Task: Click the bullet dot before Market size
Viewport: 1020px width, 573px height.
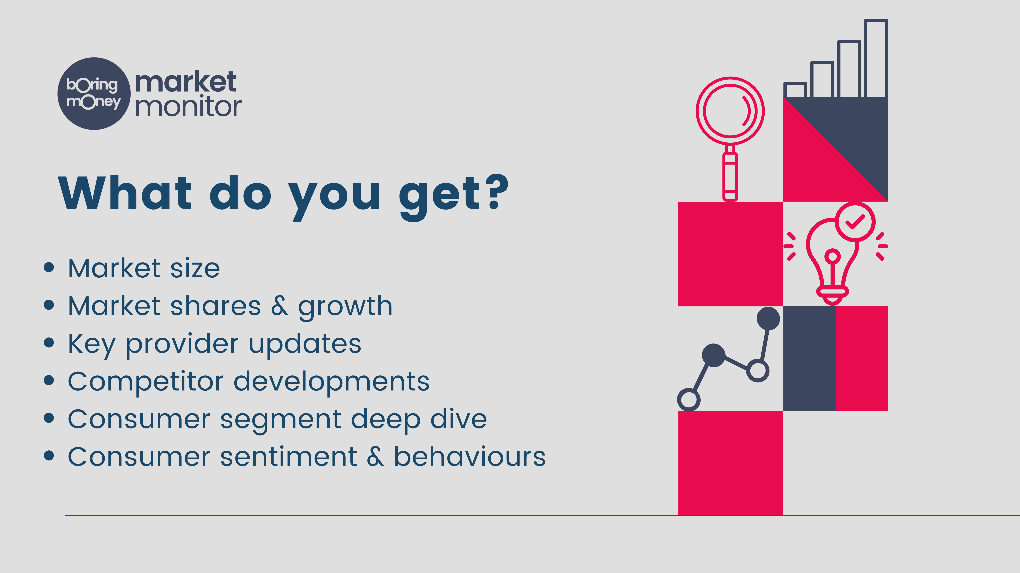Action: tap(49, 267)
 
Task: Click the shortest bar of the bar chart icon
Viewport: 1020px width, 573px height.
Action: tap(795, 90)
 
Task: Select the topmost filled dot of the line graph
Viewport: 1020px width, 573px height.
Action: tap(768, 318)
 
